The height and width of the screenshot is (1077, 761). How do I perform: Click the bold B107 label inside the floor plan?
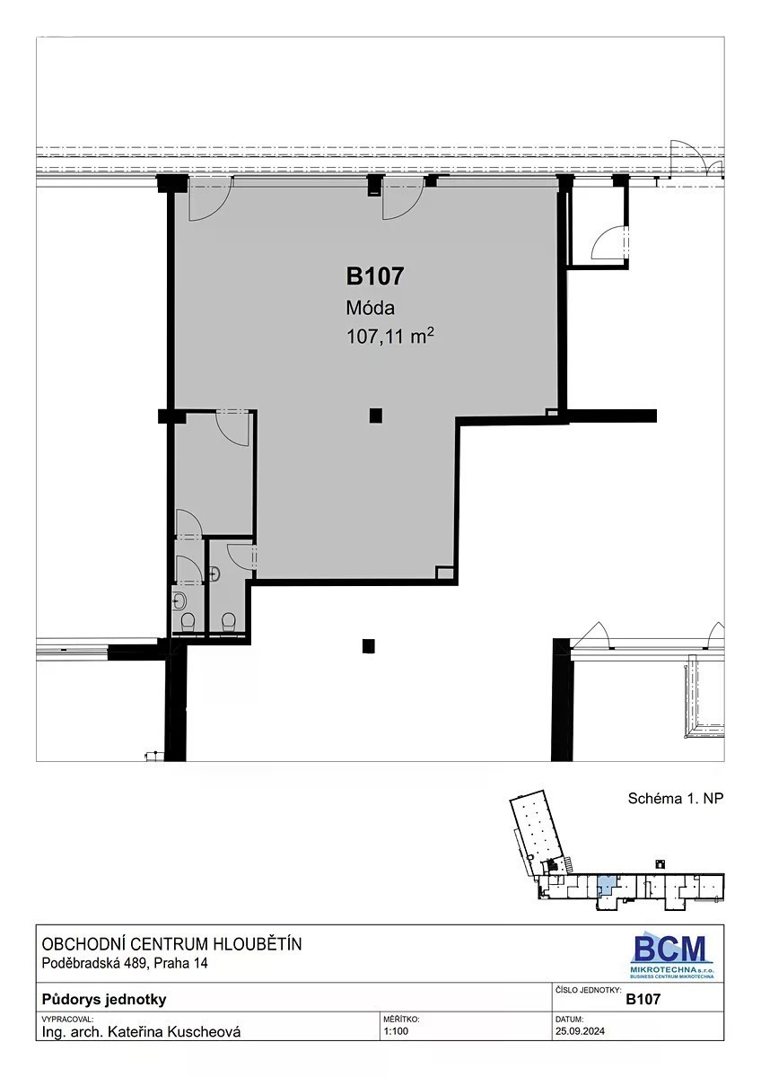pos(375,276)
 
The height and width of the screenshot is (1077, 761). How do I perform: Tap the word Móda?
pos(370,308)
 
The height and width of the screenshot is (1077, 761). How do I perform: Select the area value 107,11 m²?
pos(389,336)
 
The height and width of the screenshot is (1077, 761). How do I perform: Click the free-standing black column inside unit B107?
pos(375,416)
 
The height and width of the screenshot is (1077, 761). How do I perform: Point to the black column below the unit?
pos(368,646)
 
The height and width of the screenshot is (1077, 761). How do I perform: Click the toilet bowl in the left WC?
pos(187,623)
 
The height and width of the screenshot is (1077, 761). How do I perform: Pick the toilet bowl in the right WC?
pos(228,622)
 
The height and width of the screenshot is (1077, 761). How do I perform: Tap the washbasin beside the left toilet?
pos(179,601)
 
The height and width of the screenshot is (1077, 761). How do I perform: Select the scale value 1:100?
pos(396,1031)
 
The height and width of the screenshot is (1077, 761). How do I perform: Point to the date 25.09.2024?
pos(580,1031)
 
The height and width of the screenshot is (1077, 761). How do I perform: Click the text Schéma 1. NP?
pos(676,798)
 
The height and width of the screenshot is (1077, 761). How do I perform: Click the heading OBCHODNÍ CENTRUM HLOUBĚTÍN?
pos(172,944)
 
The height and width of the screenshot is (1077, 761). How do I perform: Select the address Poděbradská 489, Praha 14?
pos(125,963)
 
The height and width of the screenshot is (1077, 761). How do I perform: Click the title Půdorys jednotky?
pos(104,1000)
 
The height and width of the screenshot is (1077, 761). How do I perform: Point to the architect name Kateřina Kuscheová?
pos(174,1032)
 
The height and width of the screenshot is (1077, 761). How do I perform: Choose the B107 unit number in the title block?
pos(643,1000)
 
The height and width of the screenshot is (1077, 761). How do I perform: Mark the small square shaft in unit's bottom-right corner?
pos(445,573)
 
